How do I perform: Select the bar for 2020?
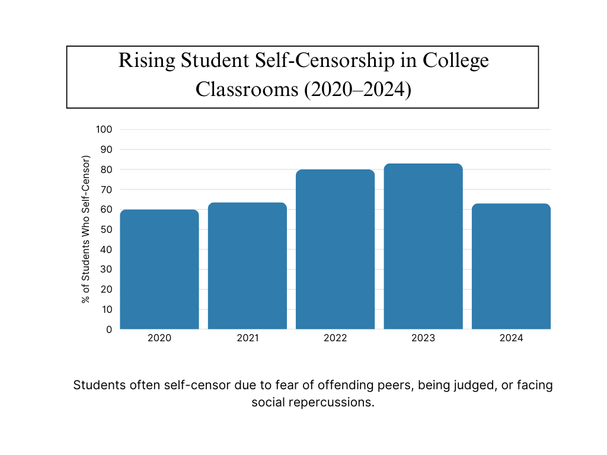[x=159, y=270]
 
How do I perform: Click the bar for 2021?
[x=247, y=266]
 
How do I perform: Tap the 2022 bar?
[x=335, y=249]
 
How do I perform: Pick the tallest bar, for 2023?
[x=423, y=246]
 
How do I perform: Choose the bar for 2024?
[x=511, y=267]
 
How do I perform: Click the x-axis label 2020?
[x=159, y=338]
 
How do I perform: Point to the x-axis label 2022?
[x=335, y=338]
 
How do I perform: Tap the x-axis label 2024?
[x=511, y=338]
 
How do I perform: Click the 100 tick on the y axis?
[x=104, y=129]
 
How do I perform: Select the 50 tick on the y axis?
[x=106, y=229]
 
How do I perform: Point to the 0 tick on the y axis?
[x=108, y=329]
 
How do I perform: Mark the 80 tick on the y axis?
[x=106, y=169]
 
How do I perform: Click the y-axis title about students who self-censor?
[x=85, y=229]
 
